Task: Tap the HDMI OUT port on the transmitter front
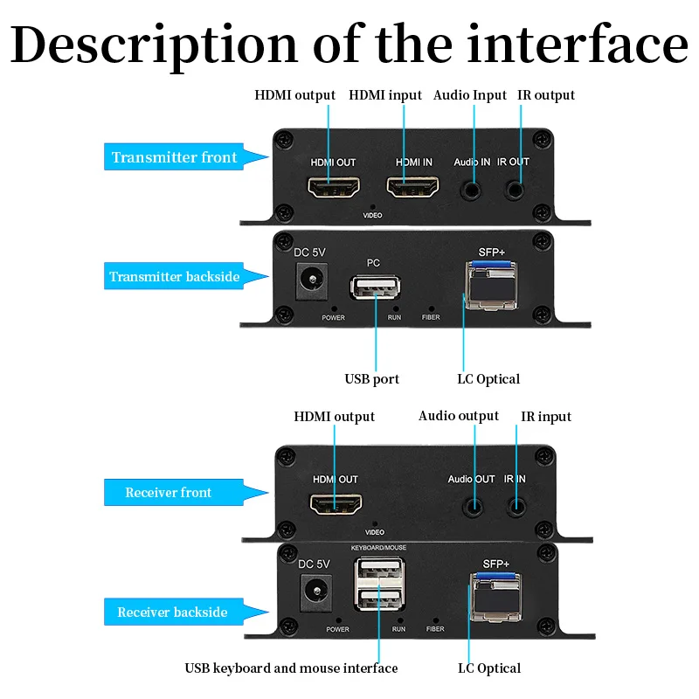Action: tap(334, 187)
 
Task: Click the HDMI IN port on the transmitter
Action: tap(412, 187)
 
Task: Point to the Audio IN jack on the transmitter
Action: tap(471, 190)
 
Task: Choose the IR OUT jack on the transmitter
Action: tap(515, 190)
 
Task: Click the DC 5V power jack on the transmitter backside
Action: tap(312, 280)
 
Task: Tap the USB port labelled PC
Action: tap(375, 287)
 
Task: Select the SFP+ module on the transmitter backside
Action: tap(491, 286)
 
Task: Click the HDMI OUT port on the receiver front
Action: tap(336, 504)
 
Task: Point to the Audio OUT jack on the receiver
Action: tap(473, 508)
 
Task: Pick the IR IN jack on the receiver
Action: tap(516, 507)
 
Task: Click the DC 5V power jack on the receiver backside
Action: tap(316, 592)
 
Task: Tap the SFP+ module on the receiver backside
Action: tap(495, 598)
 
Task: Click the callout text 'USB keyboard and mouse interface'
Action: tap(291, 668)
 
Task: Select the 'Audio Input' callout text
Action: tap(470, 95)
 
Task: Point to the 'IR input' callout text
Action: tap(546, 417)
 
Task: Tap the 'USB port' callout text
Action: tap(372, 379)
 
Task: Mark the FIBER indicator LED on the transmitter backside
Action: tap(431, 308)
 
